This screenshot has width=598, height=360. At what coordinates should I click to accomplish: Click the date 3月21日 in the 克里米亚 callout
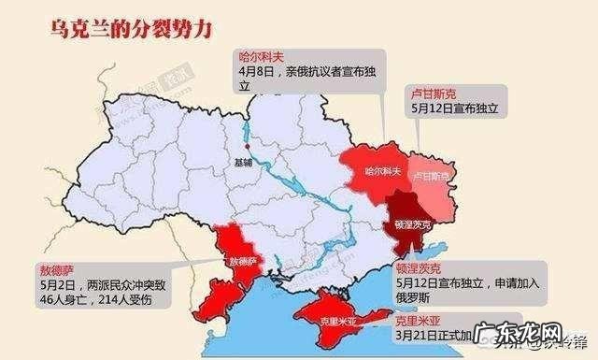(x=415, y=334)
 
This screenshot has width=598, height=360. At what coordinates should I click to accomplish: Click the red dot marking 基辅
(x=247, y=147)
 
